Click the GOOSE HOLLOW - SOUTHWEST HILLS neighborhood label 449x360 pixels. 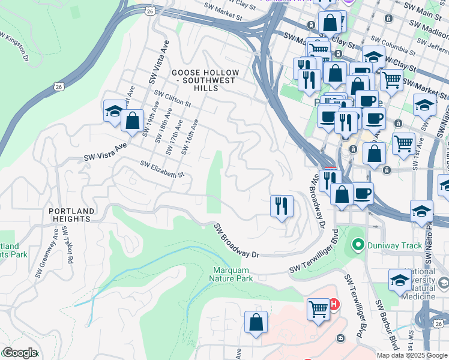pyautogui.click(x=205, y=80)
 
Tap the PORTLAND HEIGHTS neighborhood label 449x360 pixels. pyautogui.click(x=71, y=215)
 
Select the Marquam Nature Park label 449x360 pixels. pyautogui.click(x=231, y=274)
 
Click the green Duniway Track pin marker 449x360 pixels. pyautogui.click(x=358, y=244)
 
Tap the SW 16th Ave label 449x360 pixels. pyautogui.click(x=190, y=136)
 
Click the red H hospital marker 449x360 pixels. pyautogui.click(x=333, y=304)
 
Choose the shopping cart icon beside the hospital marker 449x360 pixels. pyautogui.click(x=318, y=309)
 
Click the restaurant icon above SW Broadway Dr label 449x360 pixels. pyautogui.click(x=282, y=206)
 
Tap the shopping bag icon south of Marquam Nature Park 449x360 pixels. pyautogui.click(x=256, y=322)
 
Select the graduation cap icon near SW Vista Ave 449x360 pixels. pyautogui.click(x=114, y=110)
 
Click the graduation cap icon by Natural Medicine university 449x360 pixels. pyautogui.click(x=400, y=280)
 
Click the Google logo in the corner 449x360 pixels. pyautogui.click(x=19, y=353)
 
